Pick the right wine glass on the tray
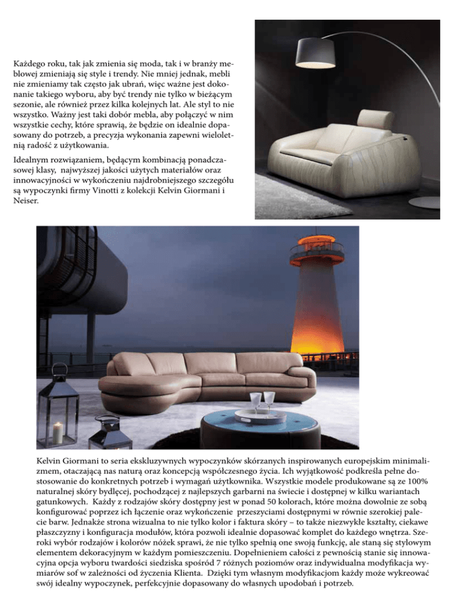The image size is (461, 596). [x=270, y=399]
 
